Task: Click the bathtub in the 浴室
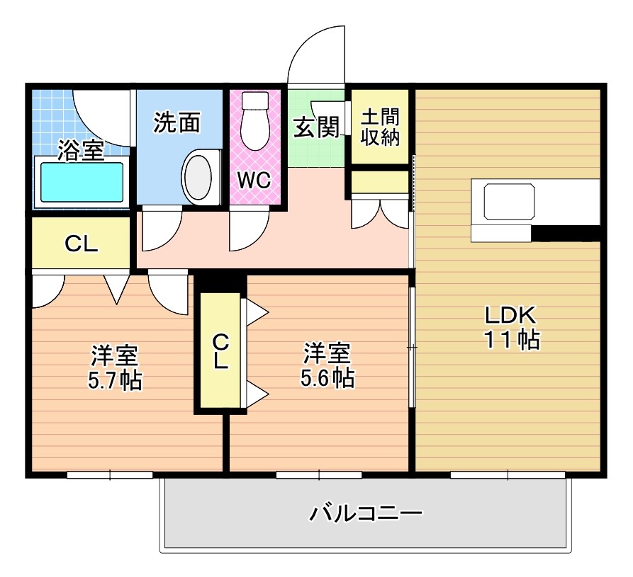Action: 82,183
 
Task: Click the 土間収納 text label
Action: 380,127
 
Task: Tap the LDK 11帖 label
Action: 512,327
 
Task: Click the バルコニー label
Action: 366,512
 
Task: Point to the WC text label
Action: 253,180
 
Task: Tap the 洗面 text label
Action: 177,123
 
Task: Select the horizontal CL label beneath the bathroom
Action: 81,244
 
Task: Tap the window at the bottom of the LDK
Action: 508,474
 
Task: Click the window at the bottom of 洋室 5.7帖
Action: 110,474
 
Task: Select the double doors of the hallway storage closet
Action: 381,212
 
